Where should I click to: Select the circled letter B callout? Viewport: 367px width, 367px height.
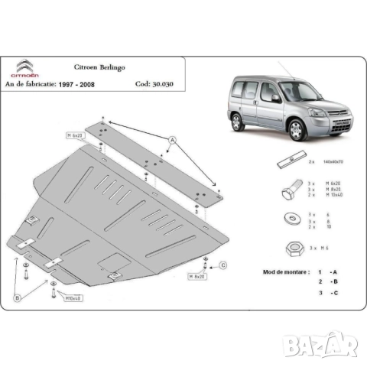[16, 297]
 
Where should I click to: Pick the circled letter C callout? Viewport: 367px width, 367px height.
[224, 265]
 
